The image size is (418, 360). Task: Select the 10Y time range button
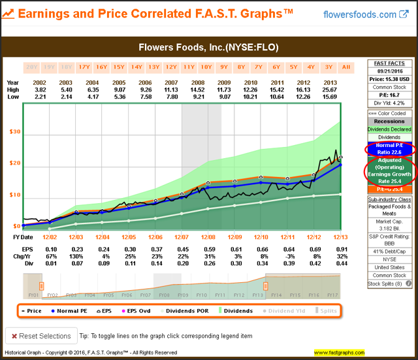pos(206,67)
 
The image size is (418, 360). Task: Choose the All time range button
pos(346,67)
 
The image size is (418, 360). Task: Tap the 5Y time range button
pos(293,67)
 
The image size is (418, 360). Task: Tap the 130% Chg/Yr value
pos(66,257)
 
